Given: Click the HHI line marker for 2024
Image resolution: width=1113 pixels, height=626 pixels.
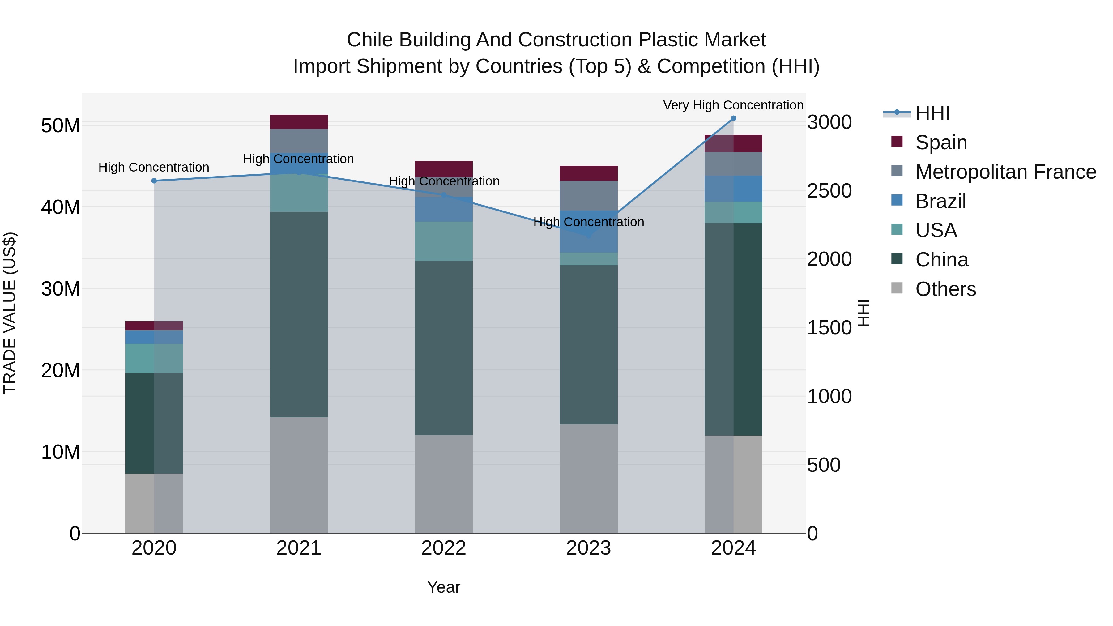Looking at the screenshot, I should coord(733,118).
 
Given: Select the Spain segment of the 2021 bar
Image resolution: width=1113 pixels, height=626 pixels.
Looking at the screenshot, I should coord(299,122).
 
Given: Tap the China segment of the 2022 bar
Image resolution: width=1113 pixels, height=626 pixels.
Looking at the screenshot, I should coord(443,348).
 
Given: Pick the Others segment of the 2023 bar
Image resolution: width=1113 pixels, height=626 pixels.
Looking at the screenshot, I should coord(588,479).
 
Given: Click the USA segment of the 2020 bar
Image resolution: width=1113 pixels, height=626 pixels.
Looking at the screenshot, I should coord(154,358).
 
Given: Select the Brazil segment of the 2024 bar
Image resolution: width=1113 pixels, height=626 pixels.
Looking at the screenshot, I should coord(733,189).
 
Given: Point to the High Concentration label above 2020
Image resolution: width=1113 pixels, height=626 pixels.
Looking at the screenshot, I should coord(154,167).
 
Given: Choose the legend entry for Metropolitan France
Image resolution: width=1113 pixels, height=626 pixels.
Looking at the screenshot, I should coord(1005,172).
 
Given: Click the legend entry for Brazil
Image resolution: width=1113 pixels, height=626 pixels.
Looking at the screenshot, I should coord(940,201).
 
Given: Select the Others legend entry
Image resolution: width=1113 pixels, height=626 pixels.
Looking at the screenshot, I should coord(945,289).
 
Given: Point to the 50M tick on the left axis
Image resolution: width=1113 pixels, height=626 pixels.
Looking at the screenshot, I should coord(61,126).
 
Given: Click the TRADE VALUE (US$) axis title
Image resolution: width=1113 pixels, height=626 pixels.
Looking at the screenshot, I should coord(10,313).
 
